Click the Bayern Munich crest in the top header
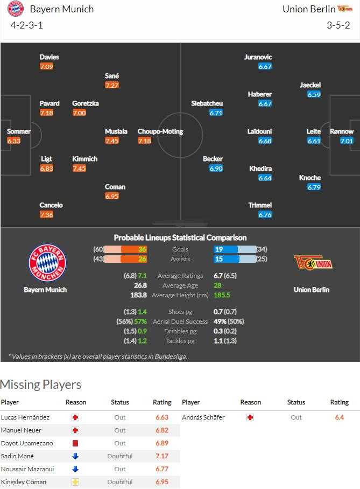click(x=16, y=9)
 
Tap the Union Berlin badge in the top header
click(x=344, y=9)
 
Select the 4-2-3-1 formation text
click(x=26, y=25)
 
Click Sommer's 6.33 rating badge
click(x=14, y=141)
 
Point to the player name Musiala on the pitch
click(x=116, y=131)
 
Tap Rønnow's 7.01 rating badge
click(x=347, y=141)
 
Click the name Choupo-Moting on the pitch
click(x=160, y=131)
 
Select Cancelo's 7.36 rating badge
click(x=47, y=215)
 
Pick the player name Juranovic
click(x=258, y=57)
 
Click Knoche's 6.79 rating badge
click(x=314, y=187)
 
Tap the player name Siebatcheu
click(x=207, y=103)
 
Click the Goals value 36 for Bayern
click(x=142, y=249)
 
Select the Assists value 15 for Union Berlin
click(x=219, y=259)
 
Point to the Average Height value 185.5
click(x=222, y=295)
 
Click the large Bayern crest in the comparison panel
click(x=47, y=262)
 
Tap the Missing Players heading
click(x=41, y=385)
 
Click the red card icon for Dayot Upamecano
click(x=75, y=443)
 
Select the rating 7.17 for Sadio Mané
click(x=162, y=456)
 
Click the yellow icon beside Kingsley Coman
click(x=75, y=482)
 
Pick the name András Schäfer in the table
click(x=203, y=417)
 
